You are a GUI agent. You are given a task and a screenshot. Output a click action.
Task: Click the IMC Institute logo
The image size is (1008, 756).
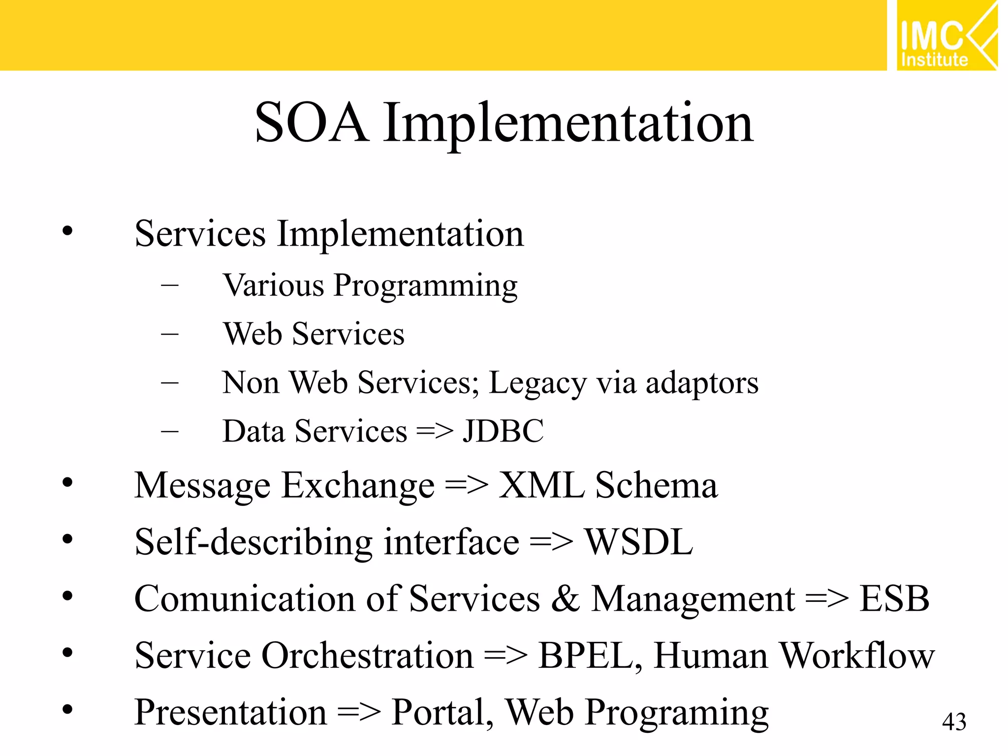point(946,35)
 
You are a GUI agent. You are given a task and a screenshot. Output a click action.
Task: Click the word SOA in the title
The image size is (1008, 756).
point(311,123)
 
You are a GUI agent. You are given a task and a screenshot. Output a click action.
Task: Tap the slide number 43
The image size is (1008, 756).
point(954,722)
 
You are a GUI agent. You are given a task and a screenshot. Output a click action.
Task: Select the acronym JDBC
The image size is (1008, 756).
point(503,432)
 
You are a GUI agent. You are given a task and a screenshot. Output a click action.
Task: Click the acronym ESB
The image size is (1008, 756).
point(894,599)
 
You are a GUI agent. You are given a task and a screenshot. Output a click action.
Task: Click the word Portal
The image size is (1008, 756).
point(442,712)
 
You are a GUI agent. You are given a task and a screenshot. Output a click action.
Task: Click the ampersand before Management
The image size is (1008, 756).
point(566,599)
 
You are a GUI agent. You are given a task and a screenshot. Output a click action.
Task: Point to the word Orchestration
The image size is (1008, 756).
point(367,656)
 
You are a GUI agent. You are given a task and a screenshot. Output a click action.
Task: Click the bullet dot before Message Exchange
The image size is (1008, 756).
point(67,483)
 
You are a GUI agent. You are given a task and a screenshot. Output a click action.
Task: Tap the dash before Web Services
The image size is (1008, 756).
point(170,334)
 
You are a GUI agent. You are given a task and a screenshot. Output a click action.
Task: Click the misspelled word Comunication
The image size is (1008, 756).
point(245,599)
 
